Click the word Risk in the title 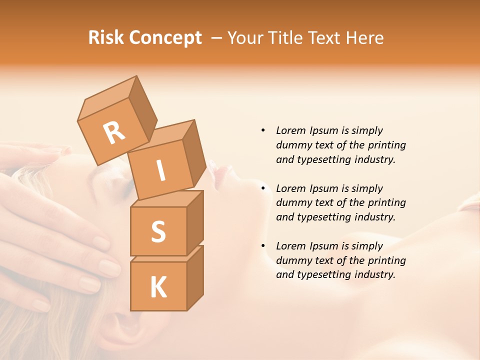(x=105, y=37)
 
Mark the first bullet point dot (x=263, y=130)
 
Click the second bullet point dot (x=263, y=188)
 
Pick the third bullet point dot (x=263, y=246)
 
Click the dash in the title (x=217, y=38)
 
